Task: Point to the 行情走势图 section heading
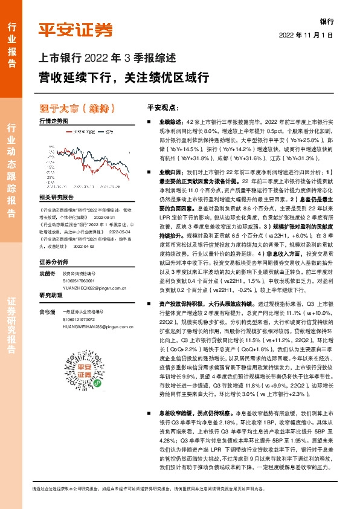(54, 121)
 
